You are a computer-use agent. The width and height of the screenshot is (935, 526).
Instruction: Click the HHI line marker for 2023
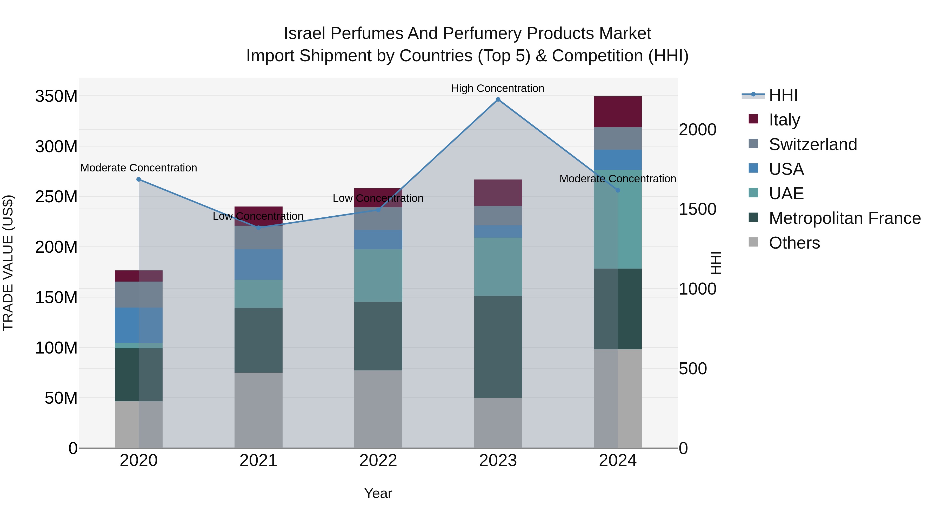coord(498,99)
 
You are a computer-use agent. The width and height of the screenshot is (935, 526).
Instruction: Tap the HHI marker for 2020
coord(139,179)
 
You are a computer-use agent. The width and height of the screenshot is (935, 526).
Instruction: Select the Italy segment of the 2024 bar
coord(618,112)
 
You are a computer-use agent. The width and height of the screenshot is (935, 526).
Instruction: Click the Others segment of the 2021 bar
coord(258,410)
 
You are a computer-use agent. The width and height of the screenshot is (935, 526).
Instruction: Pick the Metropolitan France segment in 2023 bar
coord(498,347)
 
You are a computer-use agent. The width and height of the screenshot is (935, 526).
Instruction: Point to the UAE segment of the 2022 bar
coord(378,276)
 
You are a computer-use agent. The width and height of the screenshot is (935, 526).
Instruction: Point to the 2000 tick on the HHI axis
coord(698,130)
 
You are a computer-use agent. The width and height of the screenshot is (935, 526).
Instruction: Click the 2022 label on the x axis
coord(378,461)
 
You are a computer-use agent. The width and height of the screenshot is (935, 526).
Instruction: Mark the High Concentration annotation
coord(498,88)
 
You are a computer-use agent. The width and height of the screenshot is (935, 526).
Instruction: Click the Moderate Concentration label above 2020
coord(139,168)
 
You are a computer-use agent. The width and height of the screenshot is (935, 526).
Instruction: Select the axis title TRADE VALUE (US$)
coord(8,263)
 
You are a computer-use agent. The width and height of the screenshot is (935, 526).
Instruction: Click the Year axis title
coord(378,493)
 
